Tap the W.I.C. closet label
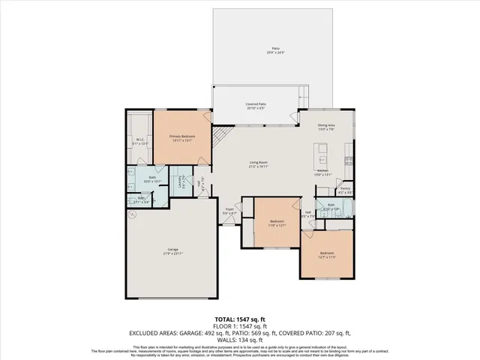[x=139, y=140]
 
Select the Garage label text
[x=172, y=251]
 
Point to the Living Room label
[x=259, y=164]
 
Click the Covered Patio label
[x=256, y=106]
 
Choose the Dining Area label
[x=326, y=128]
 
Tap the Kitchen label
[x=322, y=172]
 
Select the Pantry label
[x=345, y=190]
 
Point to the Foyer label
[x=229, y=212]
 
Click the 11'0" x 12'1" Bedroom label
[x=277, y=223]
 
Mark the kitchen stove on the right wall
[x=349, y=160]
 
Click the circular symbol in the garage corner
[x=132, y=214]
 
